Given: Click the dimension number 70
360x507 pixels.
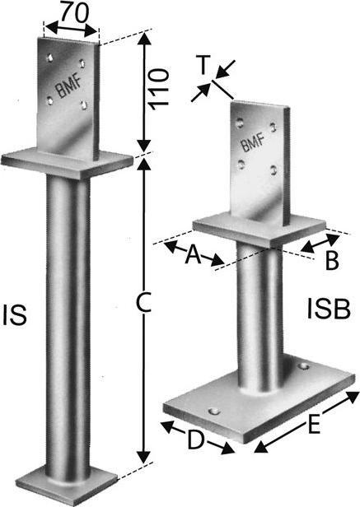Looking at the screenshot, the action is (x=74, y=12).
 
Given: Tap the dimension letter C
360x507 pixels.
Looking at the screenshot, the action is (x=143, y=302).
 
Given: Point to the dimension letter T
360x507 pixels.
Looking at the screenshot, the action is (x=203, y=65).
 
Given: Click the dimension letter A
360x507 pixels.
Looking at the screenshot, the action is (x=194, y=253).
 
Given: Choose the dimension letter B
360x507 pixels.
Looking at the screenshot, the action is (x=332, y=260).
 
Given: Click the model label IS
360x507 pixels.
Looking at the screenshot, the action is (x=15, y=315).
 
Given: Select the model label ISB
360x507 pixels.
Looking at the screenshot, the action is (x=329, y=309).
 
